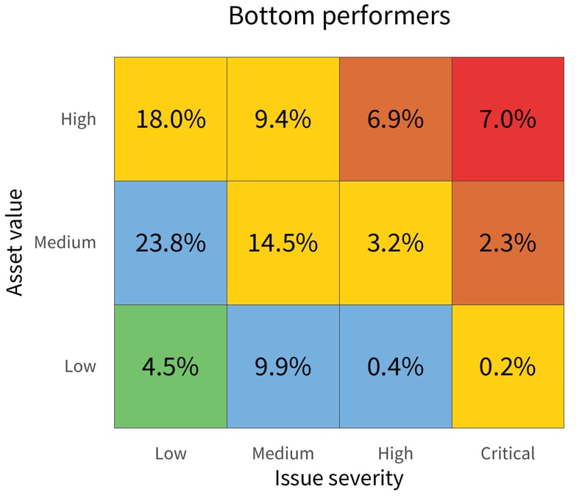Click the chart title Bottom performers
[339, 16]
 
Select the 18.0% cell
[171, 119]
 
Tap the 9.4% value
[283, 119]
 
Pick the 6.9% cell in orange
[395, 119]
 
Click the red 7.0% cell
[508, 119]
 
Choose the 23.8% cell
[171, 242]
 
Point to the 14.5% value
[283, 242]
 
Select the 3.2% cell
[395, 242]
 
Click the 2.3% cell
[508, 242]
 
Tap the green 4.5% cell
[171, 366]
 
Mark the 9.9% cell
[283, 366]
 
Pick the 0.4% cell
[395, 366]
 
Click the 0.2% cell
[508, 366]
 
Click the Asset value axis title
[16, 242]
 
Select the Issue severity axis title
[339, 478]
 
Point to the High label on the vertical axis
[78, 119]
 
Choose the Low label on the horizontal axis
[171, 453]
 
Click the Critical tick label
[508, 453]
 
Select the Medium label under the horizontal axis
[283, 453]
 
